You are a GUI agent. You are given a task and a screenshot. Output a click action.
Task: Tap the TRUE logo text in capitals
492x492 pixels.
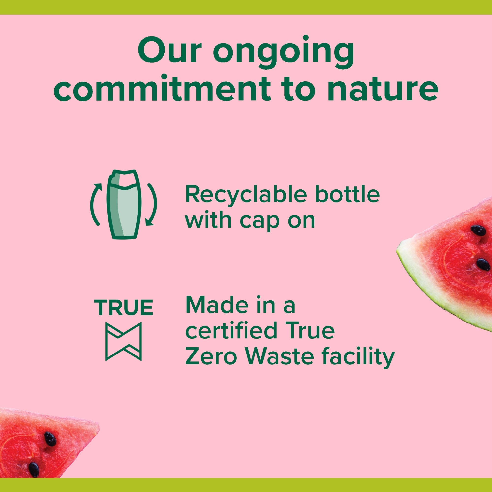tap(123, 307)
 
